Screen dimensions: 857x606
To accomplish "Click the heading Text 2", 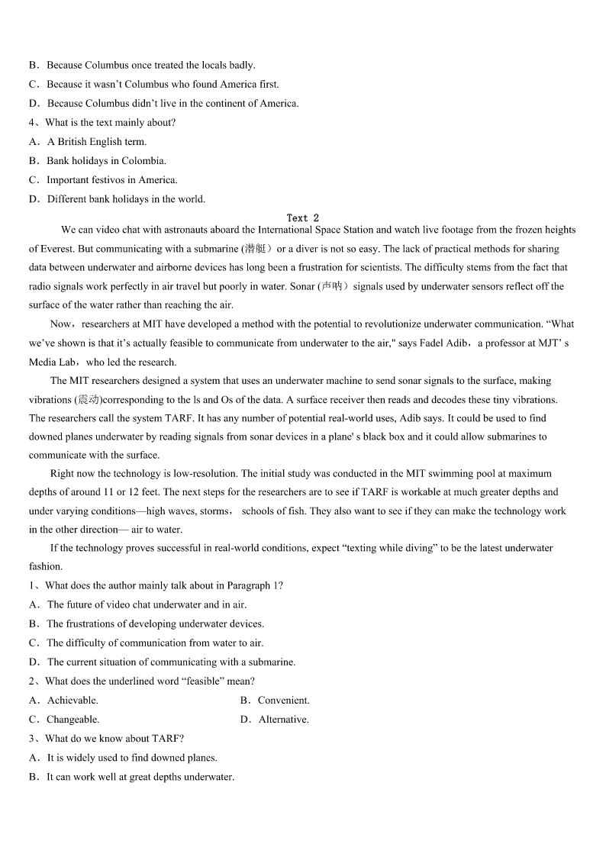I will pos(303,218).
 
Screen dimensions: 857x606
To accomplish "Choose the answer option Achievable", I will pos(73,701).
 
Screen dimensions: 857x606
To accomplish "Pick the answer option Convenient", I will pos(283,701).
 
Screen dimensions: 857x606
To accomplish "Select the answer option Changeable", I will pos(73,720).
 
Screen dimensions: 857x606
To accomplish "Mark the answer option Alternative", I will pos(283,720).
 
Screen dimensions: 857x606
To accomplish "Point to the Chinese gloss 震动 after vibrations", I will pos(89,400).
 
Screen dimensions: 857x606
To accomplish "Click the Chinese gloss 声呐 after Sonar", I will pos(333,286).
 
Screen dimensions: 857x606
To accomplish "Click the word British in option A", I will pos(73,142).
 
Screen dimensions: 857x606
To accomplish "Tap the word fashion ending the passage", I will pos(44,567).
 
